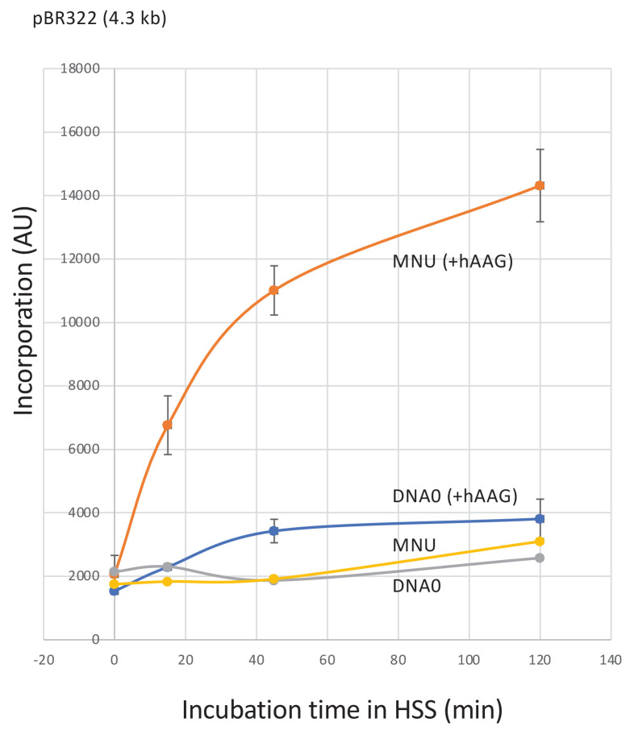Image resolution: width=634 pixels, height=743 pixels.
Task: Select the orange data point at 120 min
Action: (540, 185)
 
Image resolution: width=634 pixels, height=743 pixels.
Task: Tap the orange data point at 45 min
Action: (274, 290)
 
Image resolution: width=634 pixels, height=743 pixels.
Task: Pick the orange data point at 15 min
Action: (168, 425)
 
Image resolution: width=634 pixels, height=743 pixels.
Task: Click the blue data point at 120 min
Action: (540, 518)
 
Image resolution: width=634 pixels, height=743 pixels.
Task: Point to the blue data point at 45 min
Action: (274, 530)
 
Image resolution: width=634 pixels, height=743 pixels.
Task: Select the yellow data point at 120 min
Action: (540, 542)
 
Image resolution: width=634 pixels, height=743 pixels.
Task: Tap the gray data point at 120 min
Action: (540, 558)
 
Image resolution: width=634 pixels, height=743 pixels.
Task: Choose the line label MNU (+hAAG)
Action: (453, 261)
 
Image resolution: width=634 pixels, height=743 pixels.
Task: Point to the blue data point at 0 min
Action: (115, 591)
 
